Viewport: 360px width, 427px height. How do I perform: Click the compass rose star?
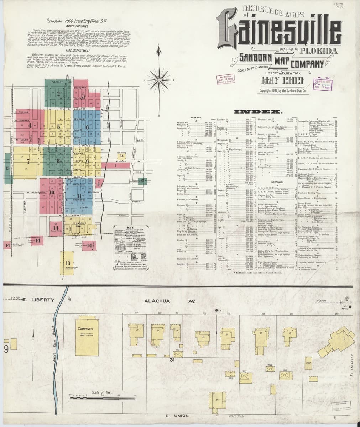[x=155, y=75]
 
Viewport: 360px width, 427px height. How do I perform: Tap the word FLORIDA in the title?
[x=318, y=51]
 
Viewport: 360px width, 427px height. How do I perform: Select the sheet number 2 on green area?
[x=58, y=94]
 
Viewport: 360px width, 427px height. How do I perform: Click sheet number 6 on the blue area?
[x=87, y=127]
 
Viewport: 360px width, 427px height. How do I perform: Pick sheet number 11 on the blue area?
[x=79, y=196]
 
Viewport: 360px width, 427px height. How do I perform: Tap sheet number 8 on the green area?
[x=58, y=160]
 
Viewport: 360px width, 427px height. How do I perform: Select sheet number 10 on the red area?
[x=52, y=193]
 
